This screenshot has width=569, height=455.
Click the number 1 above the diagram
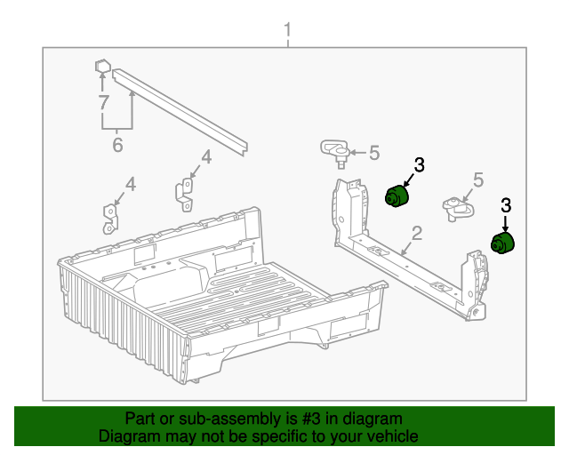click(x=287, y=29)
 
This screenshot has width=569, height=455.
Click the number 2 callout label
click(x=417, y=234)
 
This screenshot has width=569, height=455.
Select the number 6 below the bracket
click(x=117, y=145)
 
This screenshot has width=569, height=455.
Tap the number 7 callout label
click(x=104, y=102)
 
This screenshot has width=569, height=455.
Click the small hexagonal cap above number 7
click(x=102, y=66)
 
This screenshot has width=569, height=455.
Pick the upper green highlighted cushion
click(x=397, y=196)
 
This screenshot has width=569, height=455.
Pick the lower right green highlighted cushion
click(x=502, y=243)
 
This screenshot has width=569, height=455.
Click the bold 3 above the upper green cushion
click(x=419, y=165)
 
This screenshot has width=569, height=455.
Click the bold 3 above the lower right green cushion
click(x=506, y=205)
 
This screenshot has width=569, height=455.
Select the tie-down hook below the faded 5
click(x=458, y=209)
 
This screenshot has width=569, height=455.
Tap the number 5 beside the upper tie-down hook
click(x=374, y=153)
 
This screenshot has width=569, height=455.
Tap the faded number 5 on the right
click(x=478, y=180)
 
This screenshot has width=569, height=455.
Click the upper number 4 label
click(x=206, y=157)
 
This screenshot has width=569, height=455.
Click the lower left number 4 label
click(x=131, y=184)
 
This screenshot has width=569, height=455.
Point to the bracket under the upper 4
click(x=185, y=195)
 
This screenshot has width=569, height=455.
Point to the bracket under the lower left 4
click(x=110, y=220)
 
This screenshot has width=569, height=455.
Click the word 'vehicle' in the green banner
click(x=395, y=435)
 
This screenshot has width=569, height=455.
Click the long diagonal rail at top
click(x=180, y=112)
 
